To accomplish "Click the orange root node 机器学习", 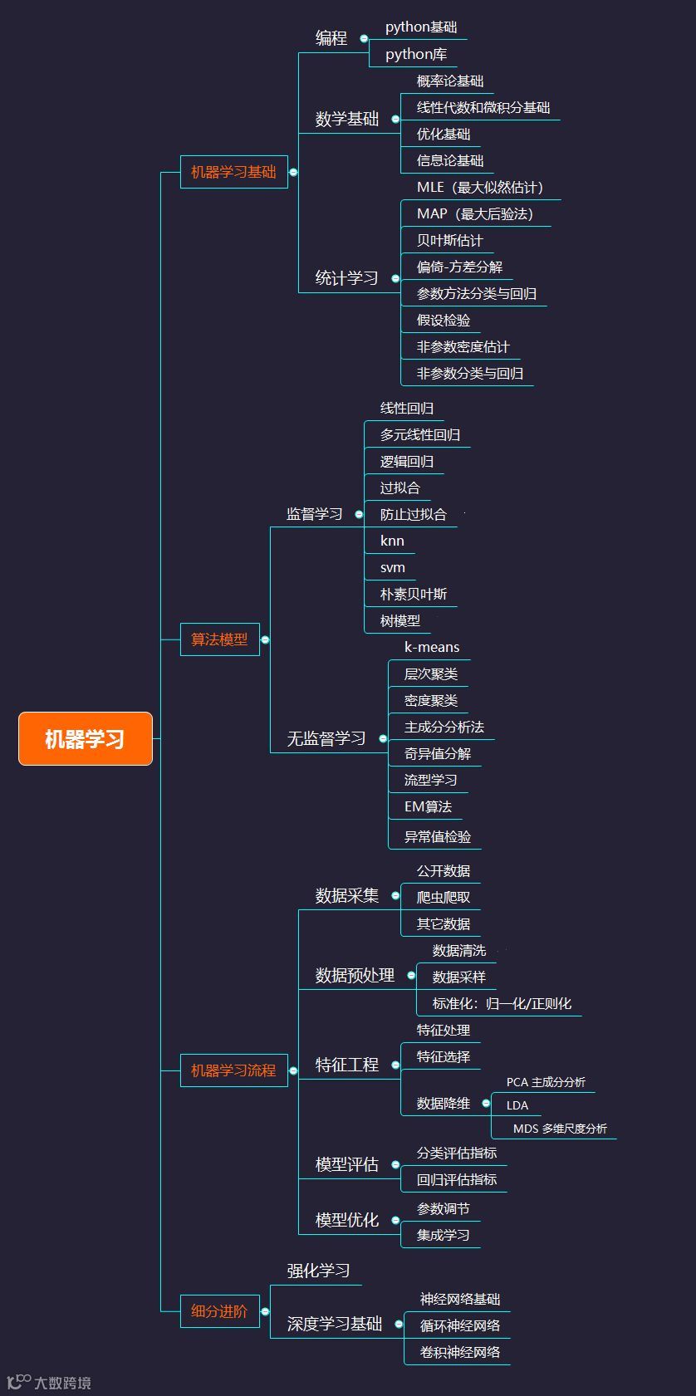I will pos(85,738).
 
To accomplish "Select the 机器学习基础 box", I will pos(233,172).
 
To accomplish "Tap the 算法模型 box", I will pos(219,639).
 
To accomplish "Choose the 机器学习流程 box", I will pos(233,1070).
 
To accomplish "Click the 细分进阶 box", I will pos(219,1311).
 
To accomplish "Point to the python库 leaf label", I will pos(416,54).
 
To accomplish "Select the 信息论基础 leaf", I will pos(449,160).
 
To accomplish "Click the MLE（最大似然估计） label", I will pos(480,187).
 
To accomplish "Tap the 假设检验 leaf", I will pos(443,320).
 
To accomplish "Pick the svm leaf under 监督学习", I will pos(392,567).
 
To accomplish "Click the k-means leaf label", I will pos(431,647).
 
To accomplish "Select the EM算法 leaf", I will pos(428,806).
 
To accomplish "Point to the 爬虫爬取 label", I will pos(443,897).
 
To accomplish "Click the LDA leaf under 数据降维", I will pos(517,1105).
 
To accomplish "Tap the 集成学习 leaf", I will pos(443,1235).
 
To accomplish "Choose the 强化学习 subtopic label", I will pos(318,1271).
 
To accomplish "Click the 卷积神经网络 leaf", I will pos(459,1352).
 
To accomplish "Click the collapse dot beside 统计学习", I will pos(395,278).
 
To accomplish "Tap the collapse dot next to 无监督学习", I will pos(383,738).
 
